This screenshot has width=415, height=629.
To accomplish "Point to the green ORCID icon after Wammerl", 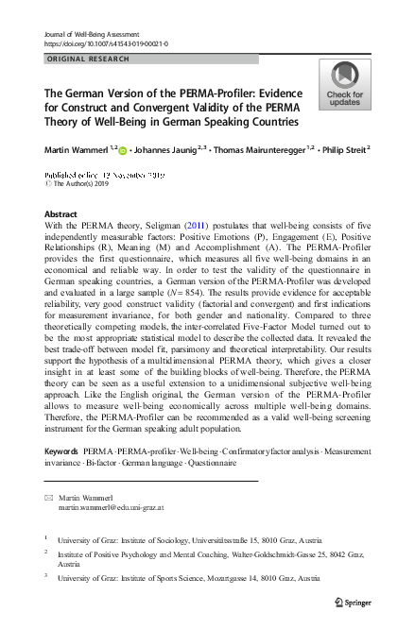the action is click(x=123, y=149).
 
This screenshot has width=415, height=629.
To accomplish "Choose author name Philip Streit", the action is click(x=344, y=148).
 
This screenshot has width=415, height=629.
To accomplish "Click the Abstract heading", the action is click(x=61, y=215).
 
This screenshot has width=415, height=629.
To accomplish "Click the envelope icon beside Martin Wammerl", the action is click(x=48, y=497).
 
